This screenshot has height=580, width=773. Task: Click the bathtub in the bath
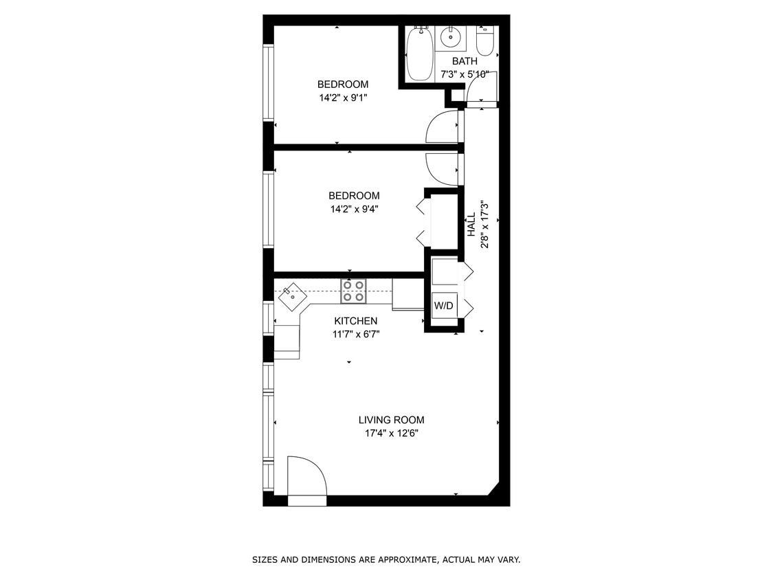(418, 54)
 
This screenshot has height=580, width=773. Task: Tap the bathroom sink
(453, 37)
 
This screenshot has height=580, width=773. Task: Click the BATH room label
(464, 61)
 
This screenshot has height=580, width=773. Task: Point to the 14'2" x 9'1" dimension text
(343, 98)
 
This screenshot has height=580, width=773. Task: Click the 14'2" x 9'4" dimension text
(354, 209)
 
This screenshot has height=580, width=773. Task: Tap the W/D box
(443, 306)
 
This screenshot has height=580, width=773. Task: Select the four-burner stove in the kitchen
(354, 291)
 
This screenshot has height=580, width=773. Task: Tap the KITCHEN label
(355, 321)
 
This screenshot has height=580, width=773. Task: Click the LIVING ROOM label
(391, 420)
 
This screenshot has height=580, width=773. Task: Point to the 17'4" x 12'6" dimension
(392, 434)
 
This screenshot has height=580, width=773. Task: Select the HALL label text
(472, 225)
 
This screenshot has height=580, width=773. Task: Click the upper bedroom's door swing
(442, 128)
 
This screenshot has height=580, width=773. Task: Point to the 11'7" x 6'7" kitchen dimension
(355, 335)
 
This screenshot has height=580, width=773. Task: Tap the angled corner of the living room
(493, 489)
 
